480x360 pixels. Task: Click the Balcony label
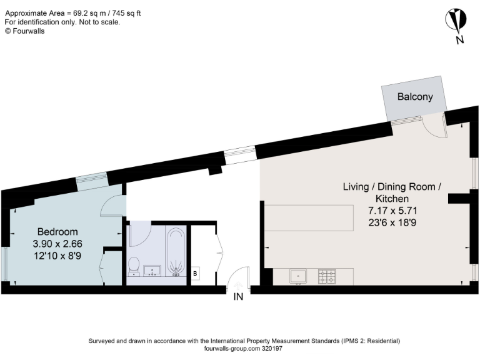415,97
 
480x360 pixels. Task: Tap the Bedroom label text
57,231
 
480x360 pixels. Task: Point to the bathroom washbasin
152,271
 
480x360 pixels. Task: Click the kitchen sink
299,276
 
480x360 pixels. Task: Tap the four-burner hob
327,276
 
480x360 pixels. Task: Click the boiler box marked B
195,273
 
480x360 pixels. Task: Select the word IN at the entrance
238,297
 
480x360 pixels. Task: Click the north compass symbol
458,20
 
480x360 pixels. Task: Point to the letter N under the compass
459,41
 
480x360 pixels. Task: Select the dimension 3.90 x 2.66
57,243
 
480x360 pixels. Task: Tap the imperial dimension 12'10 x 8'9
57,255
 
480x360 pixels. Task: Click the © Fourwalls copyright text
25,31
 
